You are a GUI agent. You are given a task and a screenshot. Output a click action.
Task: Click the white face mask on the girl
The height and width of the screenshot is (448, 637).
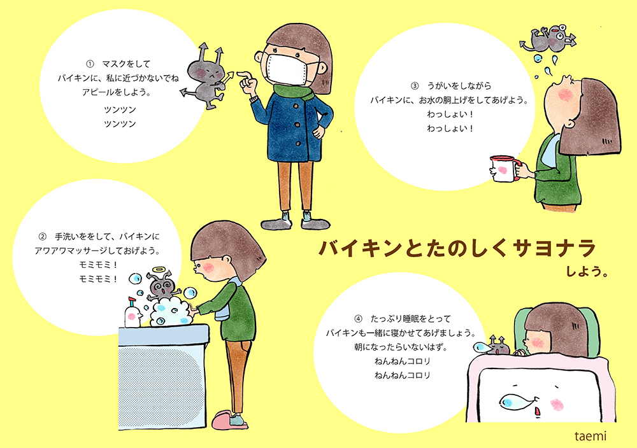[x=290, y=68]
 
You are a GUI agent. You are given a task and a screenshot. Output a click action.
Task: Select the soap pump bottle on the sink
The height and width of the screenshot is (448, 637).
[x=132, y=312]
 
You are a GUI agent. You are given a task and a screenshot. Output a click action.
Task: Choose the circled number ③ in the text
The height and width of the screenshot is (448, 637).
[x=415, y=85]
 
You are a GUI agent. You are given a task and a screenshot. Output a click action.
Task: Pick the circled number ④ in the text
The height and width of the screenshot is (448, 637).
[x=357, y=318]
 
